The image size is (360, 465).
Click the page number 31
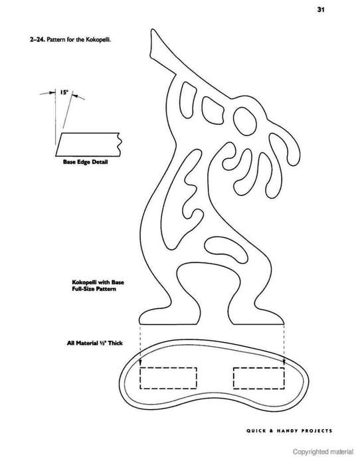click(x=321, y=9)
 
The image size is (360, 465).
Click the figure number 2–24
click(x=37, y=39)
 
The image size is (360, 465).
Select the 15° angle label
click(x=64, y=92)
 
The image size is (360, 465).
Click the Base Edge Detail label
click(x=85, y=162)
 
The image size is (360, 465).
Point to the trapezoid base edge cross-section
click(x=88, y=144)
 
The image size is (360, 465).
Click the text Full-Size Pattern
click(x=94, y=289)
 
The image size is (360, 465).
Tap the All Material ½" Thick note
click(x=94, y=343)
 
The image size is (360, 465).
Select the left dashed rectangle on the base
click(x=168, y=378)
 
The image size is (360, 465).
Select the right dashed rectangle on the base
click(x=258, y=378)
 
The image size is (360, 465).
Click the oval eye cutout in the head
click(x=245, y=122)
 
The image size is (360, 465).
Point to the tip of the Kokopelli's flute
click(x=152, y=30)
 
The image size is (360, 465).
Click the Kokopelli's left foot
click(x=169, y=316)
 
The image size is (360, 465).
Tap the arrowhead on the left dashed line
click(x=140, y=363)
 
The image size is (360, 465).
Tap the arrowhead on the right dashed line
click(x=284, y=363)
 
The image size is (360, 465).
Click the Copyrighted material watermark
click(x=323, y=452)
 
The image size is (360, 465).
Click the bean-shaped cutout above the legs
click(x=226, y=249)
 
